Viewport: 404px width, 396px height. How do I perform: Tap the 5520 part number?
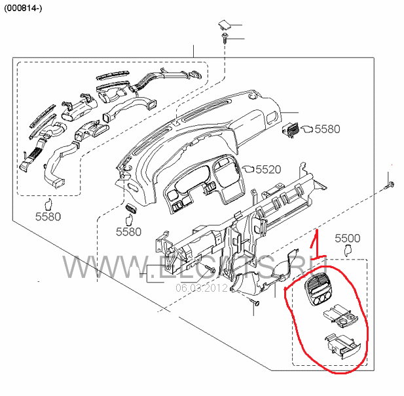click(x=267, y=169)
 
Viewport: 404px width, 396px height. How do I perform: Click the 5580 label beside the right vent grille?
click(x=327, y=129)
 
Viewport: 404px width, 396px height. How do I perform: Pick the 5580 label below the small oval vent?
click(x=128, y=231)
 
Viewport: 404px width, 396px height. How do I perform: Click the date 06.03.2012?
click(x=200, y=287)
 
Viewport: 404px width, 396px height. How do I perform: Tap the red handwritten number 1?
click(x=314, y=244)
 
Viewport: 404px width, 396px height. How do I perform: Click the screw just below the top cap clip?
click(x=225, y=40)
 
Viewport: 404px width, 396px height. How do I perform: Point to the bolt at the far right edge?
click(x=390, y=184)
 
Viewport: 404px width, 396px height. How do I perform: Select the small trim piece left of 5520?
click(x=246, y=168)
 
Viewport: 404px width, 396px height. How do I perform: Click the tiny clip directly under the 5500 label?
click(x=348, y=250)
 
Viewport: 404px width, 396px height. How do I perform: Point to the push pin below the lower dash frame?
click(x=256, y=303)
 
